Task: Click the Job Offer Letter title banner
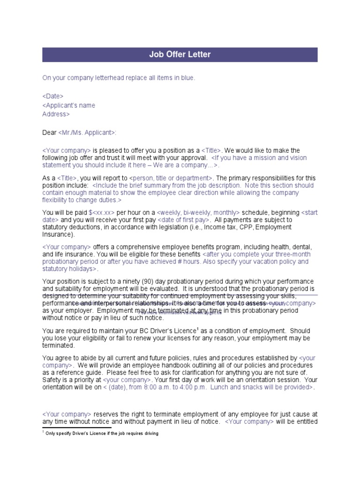tap(180, 55)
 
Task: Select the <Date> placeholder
tap(53, 96)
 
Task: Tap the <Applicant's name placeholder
tap(69, 105)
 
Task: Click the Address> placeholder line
tap(56, 114)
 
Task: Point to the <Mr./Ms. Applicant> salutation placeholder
tap(87, 133)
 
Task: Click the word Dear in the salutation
tap(49, 133)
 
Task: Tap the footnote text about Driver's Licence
tap(102, 434)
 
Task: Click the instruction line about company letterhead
tap(118, 78)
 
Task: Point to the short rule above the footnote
tap(77, 428)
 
